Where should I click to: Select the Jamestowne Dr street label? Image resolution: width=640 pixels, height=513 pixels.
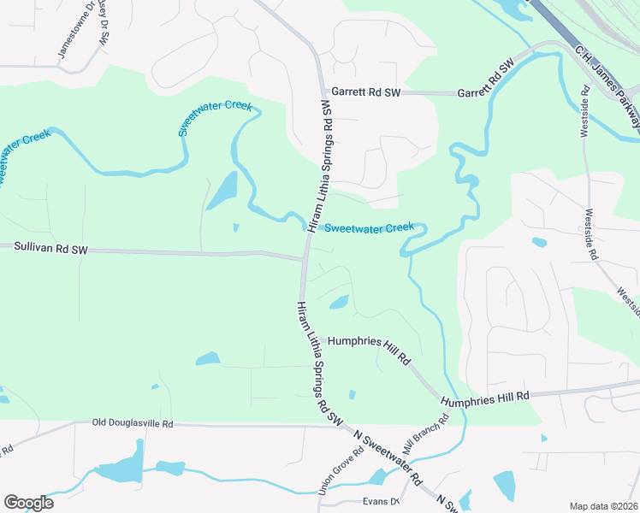point(72,35)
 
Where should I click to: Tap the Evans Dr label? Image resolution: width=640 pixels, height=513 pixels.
point(382,502)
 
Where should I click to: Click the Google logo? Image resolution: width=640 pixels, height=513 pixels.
point(28,503)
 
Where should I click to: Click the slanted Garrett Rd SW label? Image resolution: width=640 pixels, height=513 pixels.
point(485,80)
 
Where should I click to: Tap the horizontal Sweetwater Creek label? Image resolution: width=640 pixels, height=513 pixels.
point(369,227)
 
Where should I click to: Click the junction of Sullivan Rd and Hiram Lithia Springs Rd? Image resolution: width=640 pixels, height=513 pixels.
point(304,256)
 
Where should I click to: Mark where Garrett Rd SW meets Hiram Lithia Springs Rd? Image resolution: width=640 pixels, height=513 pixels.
point(323,92)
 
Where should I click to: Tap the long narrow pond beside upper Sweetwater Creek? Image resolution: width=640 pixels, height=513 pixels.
point(222,189)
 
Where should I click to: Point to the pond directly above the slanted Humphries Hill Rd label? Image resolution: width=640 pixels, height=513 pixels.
point(339,302)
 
